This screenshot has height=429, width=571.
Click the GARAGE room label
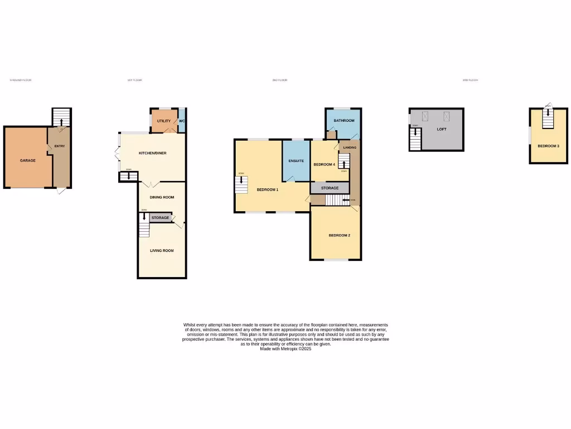28,160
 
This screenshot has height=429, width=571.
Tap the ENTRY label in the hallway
60,146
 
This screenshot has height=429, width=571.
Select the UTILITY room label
163,121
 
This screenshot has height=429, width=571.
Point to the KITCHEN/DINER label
153,153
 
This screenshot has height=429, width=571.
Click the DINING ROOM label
162,197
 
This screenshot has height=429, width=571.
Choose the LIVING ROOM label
162,251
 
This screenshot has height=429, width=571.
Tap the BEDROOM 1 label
268,190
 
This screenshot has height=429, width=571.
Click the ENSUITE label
296,161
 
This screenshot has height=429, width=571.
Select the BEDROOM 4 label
324,164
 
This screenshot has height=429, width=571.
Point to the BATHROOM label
344,121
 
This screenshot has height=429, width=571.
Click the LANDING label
350,147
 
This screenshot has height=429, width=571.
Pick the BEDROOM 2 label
339,235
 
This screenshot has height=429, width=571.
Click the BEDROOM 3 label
548,146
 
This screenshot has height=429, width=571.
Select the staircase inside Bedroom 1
241,185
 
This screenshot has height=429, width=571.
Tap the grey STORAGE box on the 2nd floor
330,188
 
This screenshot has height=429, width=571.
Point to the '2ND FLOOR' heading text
279,80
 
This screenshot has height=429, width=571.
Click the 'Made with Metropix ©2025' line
285,349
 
